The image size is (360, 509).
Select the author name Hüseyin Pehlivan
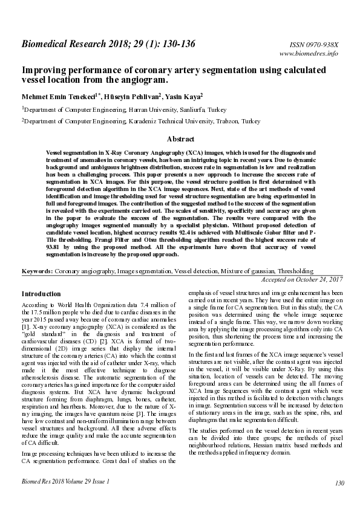click(x=130, y=96)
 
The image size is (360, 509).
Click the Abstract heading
click(x=180, y=138)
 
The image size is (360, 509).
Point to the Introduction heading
click(x=41, y=294)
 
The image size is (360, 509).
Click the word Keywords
click(x=36, y=273)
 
